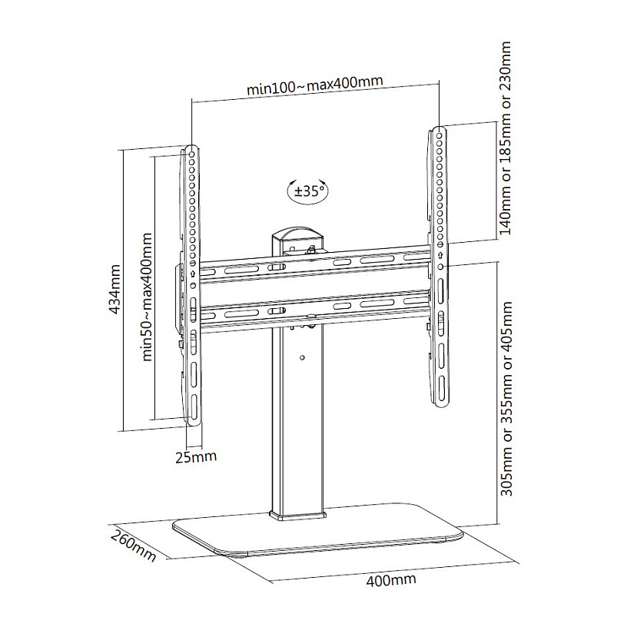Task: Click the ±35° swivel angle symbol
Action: click(307, 191)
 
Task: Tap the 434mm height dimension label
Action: click(114, 289)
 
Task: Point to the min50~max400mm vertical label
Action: click(148, 297)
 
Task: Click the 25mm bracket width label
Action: click(196, 456)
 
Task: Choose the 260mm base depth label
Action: click(134, 545)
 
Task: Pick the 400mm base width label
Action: click(390, 580)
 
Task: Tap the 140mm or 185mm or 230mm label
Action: click(505, 138)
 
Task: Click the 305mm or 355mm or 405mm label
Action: click(506, 399)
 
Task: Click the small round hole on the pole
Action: click(302, 357)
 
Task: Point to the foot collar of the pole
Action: click(297, 515)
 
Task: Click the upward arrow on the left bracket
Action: click(193, 274)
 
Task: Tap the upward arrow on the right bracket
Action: click(440, 255)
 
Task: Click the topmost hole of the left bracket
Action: click(191, 154)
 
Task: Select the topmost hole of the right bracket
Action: click(440, 131)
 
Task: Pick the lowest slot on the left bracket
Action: click(194, 407)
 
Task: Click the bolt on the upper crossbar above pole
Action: click(310, 251)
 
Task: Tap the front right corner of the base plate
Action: click(462, 533)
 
